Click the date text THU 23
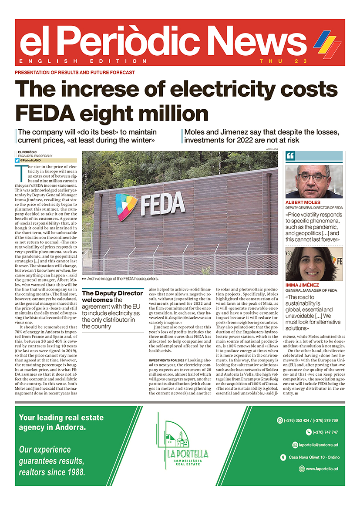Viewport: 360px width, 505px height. pos(277,61)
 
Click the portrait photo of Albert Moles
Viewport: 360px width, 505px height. pos(313,182)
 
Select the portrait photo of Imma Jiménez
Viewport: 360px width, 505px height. pos(313,264)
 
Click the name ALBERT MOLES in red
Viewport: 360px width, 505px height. pos(303,203)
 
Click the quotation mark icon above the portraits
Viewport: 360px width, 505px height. pos(291,156)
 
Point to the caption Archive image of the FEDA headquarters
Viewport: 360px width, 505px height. pos(122,279)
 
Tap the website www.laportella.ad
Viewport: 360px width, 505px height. pos(321,469)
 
